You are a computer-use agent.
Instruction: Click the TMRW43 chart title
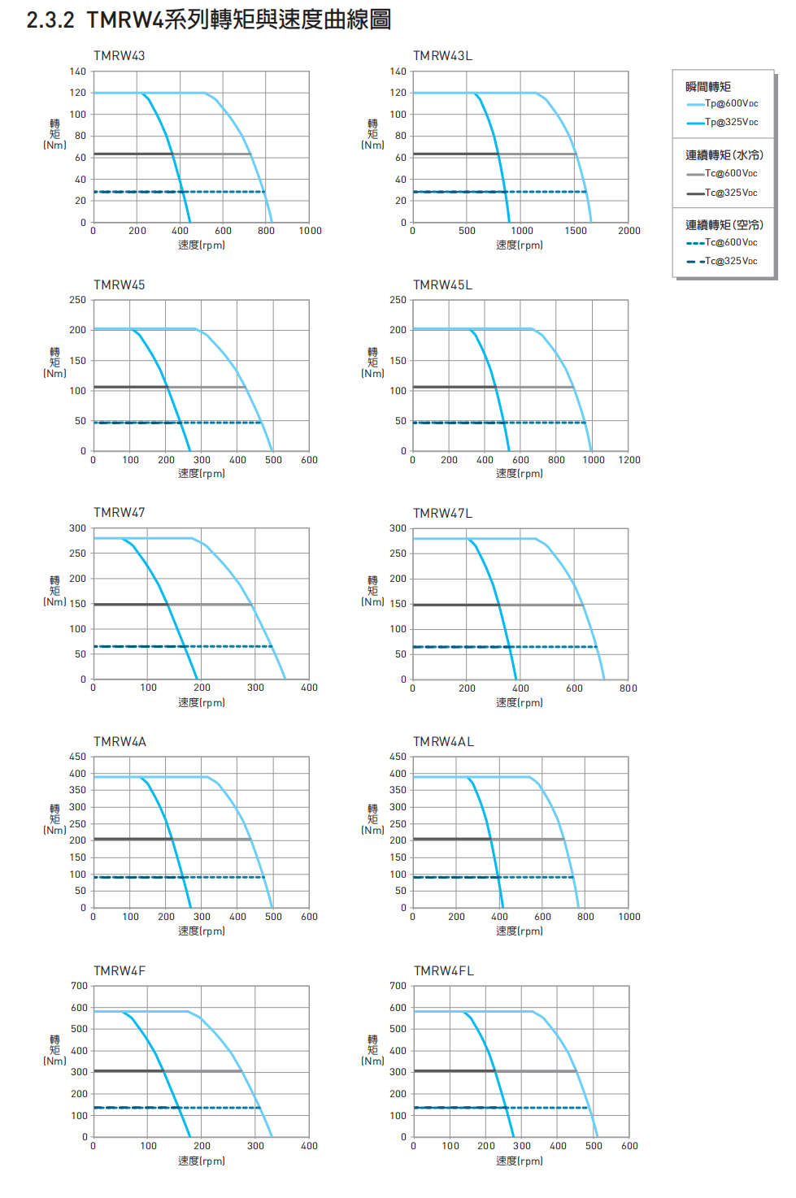(x=119, y=56)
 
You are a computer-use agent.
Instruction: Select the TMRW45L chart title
(x=442, y=285)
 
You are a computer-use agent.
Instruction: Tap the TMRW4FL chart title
(x=443, y=971)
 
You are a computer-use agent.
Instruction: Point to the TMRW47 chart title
(x=119, y=513)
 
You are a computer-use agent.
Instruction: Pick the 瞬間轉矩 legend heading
(x=708, y=87)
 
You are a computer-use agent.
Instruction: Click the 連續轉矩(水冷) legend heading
(x=724, y=155)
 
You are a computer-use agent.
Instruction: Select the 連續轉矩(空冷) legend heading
(x=724, y=225)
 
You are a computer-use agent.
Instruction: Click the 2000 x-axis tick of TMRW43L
(x=629, y=231)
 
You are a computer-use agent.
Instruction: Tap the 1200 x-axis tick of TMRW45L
(x=629, y=460)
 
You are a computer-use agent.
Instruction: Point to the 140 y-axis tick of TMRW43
(x=77, y=72)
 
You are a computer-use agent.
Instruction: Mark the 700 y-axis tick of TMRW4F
(x=79, y=986)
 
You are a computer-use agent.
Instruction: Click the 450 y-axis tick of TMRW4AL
(x=398, y=757)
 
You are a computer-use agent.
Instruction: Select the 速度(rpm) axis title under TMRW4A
(x=202, y=931)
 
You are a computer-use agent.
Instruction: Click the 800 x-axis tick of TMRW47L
(x=628, y=688)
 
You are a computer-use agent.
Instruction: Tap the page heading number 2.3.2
(x=50, y=20)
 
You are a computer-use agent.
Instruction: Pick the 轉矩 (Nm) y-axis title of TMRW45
(x=54, y=362)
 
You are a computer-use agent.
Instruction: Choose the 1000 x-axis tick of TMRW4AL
(x=629, y=917)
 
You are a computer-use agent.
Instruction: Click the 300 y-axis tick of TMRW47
(x=77, y=528)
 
